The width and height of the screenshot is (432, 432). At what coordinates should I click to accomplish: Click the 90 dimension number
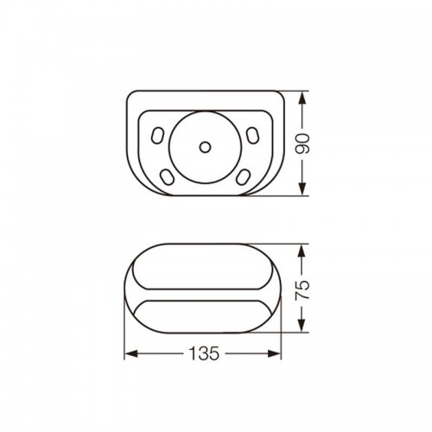pyautogui.click(x=303, y=143)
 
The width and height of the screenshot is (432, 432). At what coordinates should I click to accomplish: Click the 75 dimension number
pyautogui.click(x=303, y=289)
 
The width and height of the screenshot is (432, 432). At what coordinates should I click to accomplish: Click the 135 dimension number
pyautogui.click(x=204, y=353)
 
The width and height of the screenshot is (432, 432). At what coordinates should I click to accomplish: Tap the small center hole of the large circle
pyautogui.click(x=205, y=147)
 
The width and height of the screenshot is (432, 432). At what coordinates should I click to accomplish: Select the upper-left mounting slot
pyautogui.click(x=157, y=136)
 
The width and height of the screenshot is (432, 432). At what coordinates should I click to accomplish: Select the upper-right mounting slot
pyautogui.click(x=252, y=136)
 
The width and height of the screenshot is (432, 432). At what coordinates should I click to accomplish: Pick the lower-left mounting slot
pyautogui.click(x=167, y=177)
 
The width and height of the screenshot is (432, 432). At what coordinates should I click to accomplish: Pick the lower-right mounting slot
pyautogui.click(x=244, y=177)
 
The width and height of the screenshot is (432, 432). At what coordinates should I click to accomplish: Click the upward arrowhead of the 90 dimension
pyautogui.click(x=302, y=100)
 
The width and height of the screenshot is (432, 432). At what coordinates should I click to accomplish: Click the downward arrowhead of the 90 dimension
pyautogui.click(x=302, y=187)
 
